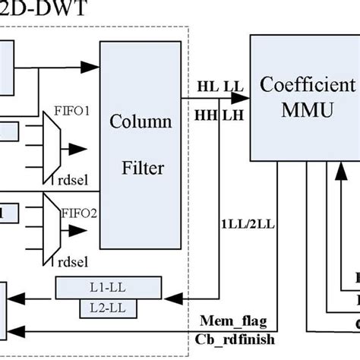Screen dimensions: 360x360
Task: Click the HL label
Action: click(206, 86)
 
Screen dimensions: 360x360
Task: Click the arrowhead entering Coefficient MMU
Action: click(242, 97)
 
